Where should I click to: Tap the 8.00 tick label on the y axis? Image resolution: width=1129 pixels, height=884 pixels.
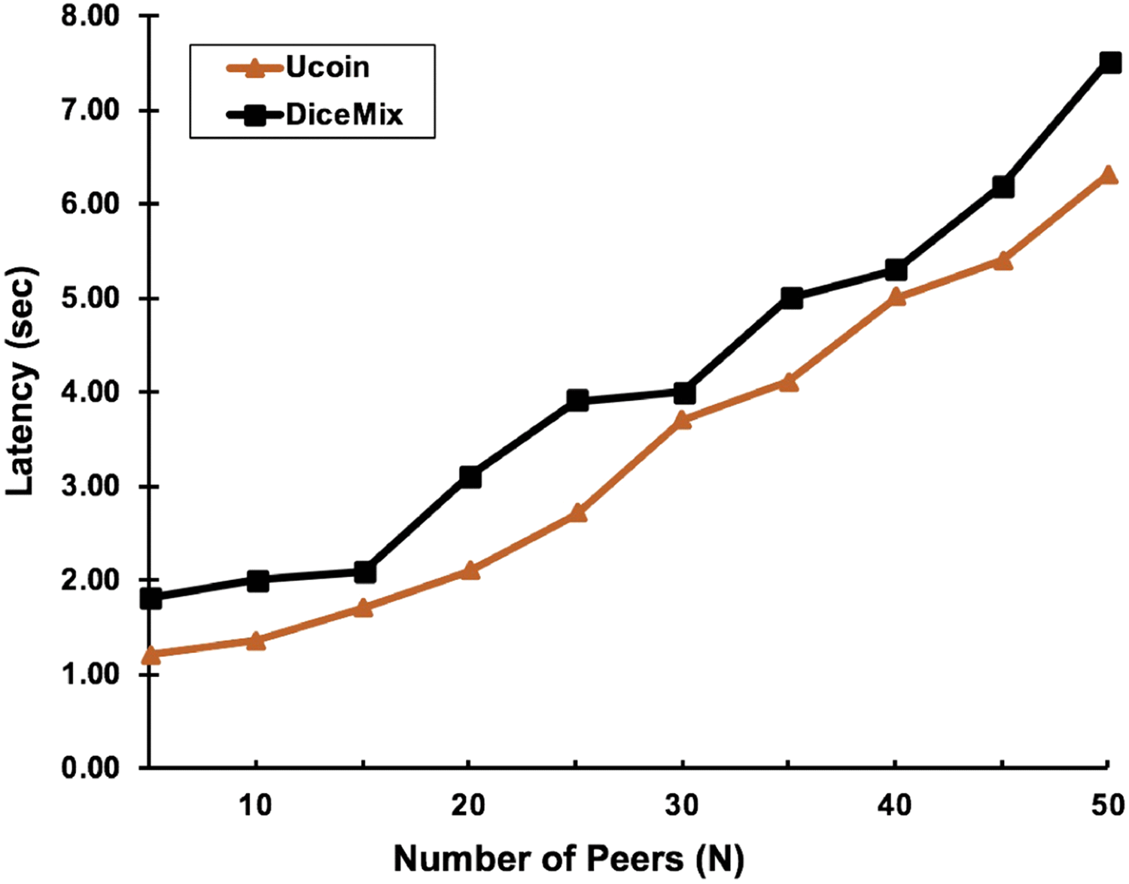[91, 17]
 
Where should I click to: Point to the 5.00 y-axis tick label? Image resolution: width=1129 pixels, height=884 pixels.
[91, 299]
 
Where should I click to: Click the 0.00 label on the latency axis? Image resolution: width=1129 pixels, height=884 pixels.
[91, 768]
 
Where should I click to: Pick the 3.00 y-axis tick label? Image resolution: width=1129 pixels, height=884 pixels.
[91, 487]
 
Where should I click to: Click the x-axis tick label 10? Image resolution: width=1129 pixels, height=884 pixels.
[256, 806]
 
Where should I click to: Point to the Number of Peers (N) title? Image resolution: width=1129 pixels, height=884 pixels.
[568, 858]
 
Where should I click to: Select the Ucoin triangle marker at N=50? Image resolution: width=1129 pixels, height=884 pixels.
[1109, 175]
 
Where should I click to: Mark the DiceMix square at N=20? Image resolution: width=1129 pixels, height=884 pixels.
[470, 476]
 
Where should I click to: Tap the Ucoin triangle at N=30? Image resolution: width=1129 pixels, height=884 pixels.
[683, 419]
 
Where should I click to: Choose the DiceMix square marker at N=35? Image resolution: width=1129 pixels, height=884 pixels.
[790, 298]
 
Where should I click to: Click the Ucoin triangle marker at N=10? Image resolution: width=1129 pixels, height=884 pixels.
[257, 640]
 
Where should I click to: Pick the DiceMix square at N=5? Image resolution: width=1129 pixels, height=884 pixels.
[151, 598]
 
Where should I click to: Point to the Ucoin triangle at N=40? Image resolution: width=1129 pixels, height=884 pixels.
[896, 296]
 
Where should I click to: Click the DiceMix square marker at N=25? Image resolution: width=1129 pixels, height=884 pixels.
[577, 399]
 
